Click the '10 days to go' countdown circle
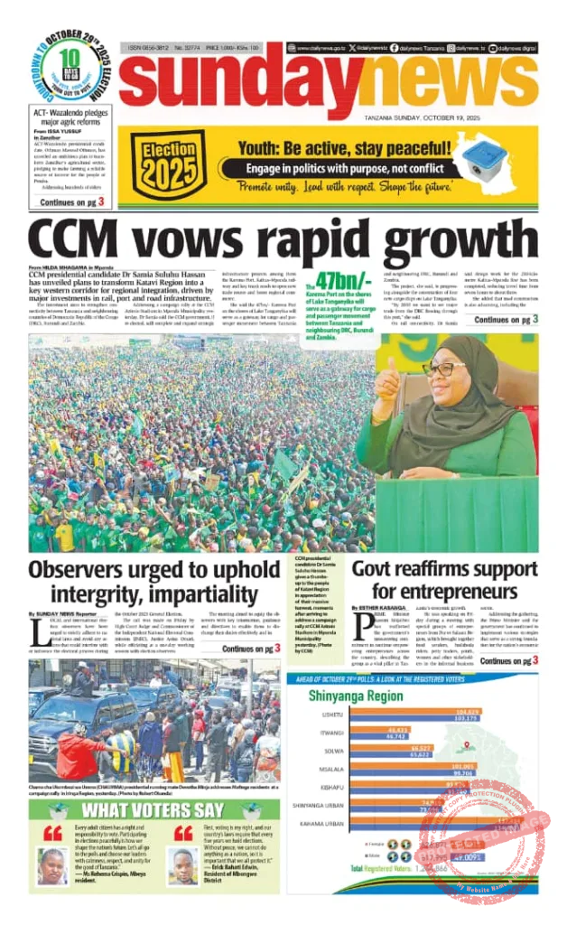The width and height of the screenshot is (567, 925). tap(71, 71)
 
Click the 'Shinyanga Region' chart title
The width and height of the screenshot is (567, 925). tap(356, 696)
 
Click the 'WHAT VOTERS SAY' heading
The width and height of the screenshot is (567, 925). tap(153, 809)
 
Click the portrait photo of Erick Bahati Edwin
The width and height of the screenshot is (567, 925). tap(184, 865)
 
